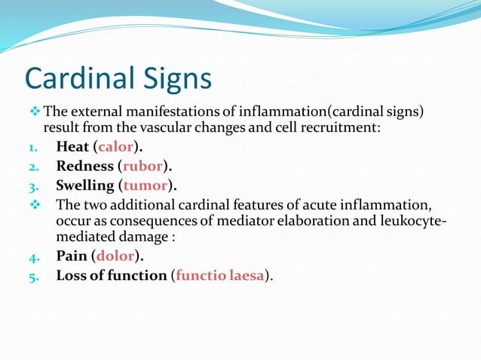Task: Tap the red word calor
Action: click(115, 146)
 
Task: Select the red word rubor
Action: click(143, 166)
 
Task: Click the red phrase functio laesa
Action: click(220, 276)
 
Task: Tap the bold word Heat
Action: click(72, 146)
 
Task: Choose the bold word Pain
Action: click(72, 256)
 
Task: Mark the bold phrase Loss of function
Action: click(111, 276)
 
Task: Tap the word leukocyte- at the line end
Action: click(410, 222)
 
